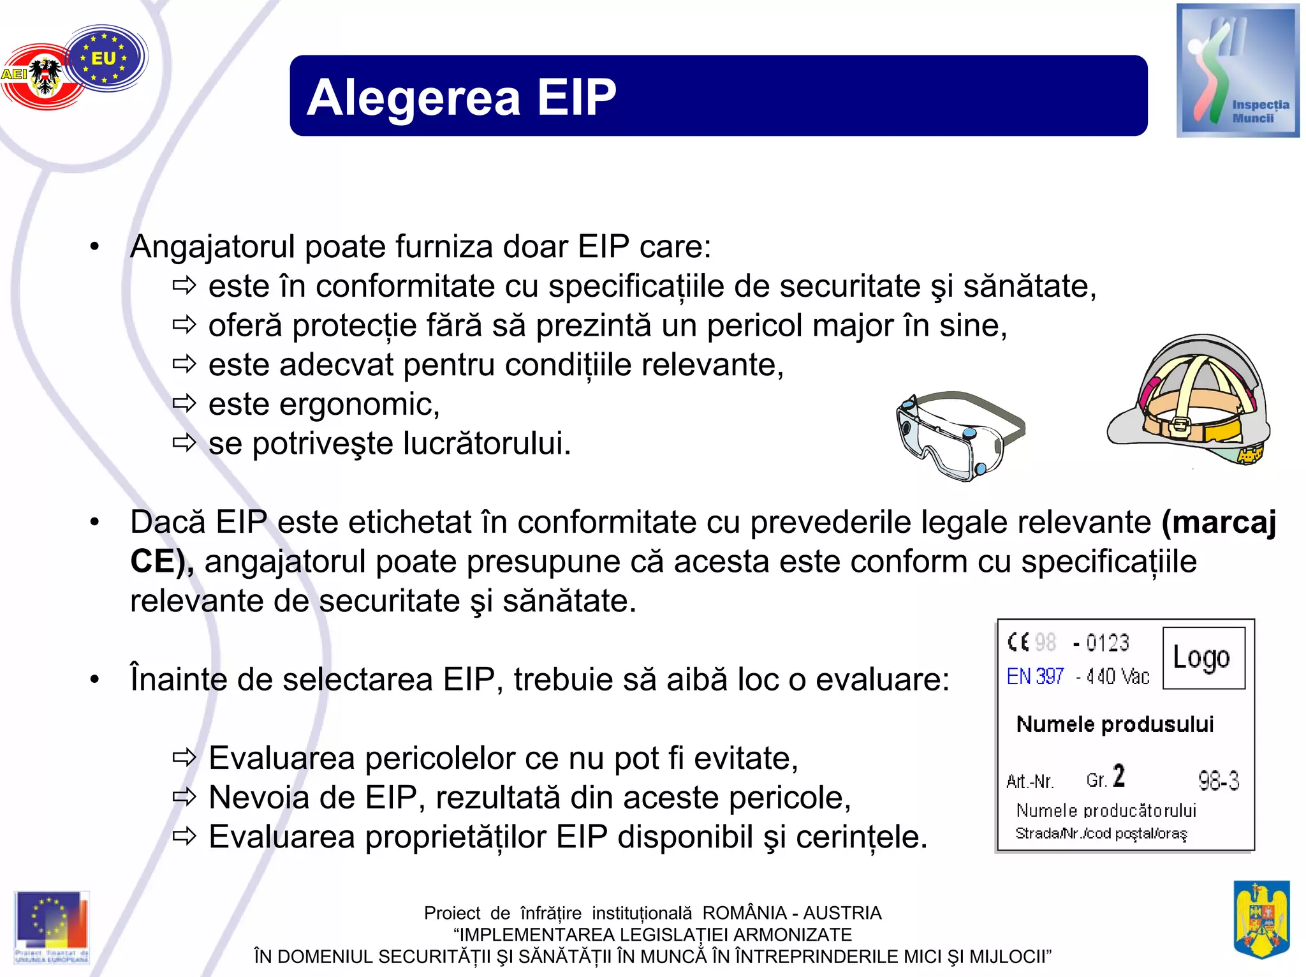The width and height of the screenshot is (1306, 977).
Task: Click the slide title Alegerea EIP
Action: pyautogui.click(x=461, y=97)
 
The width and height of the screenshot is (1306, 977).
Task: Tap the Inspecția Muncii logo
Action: pyautogui.click(x=1237, y=70)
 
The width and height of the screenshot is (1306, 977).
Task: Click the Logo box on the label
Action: pyautogui.click(x=1203, y=658)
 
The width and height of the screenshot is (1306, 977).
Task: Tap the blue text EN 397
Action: pyautogui.click(x=1035, y=676)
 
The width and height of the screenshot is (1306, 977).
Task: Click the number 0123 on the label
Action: pyautogui.click(x=1107, y=643)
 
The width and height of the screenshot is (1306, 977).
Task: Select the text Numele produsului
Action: pyautogui.click(x=1114, y=724)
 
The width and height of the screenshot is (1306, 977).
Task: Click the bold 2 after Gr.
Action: pyautogui.click(x=1119, y=776)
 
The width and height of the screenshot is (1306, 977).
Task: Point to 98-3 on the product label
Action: pyautogui.click(x=1218, y=780)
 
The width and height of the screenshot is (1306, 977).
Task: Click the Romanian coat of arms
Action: pyautogui.click(x=1261, y=920)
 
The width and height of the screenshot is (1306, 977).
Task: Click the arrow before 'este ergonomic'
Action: pyautogui.click(x=184, y=404)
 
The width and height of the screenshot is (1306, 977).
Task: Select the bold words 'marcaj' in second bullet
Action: pyautogui.click(x=1219, y=522)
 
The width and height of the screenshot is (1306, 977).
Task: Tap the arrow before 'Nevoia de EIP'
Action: pyautogui.click(x=184, y=797)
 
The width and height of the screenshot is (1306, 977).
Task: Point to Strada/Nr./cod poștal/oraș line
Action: pyautogui.click(x=1101, y=833)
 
